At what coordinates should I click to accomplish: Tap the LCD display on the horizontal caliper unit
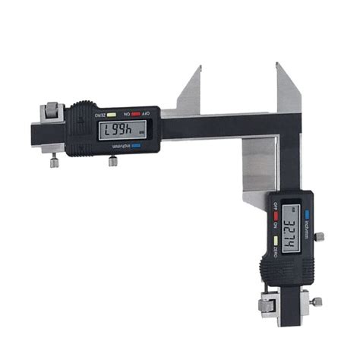tap(122, 131)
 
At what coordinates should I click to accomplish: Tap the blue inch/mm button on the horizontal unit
tap(136, 146)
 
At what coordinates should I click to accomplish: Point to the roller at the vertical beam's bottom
tap(269, 305)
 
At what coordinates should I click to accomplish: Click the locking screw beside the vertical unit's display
tap(320, 237)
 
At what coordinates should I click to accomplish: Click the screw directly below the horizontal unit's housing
tap(112, 160)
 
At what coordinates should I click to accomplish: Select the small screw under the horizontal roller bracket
tap(54, 161)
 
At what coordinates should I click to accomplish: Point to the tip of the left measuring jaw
tap(200, 68)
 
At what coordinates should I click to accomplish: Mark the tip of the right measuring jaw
tap(277, 65)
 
